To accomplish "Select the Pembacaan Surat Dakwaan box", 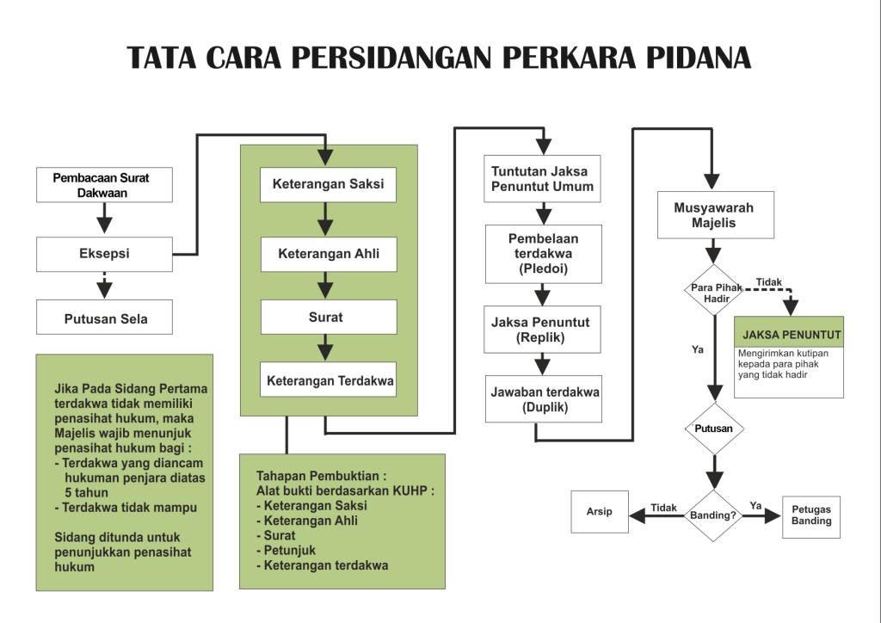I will [x=104, y=185].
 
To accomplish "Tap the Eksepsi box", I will [x=104, y=254].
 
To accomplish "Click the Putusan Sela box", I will [x=104, y=318].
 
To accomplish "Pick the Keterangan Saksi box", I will [x=328, y=184].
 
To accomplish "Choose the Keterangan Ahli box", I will [x=328, y=254].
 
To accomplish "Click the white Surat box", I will [x=328, y=317].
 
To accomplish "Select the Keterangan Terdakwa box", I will [x=328, y=379].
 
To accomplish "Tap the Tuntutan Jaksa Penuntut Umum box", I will [x=542, y=179].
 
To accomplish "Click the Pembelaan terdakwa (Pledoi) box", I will [x=543, y=254].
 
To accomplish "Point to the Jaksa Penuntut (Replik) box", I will [x=541, y=330].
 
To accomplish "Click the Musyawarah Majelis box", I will [x=713, y=215].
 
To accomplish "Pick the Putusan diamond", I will [x=713, y=428].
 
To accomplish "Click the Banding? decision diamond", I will [x=713, y=516].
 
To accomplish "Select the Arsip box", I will [x=600, y=512].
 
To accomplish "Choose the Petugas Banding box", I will [x=810, y=515].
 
